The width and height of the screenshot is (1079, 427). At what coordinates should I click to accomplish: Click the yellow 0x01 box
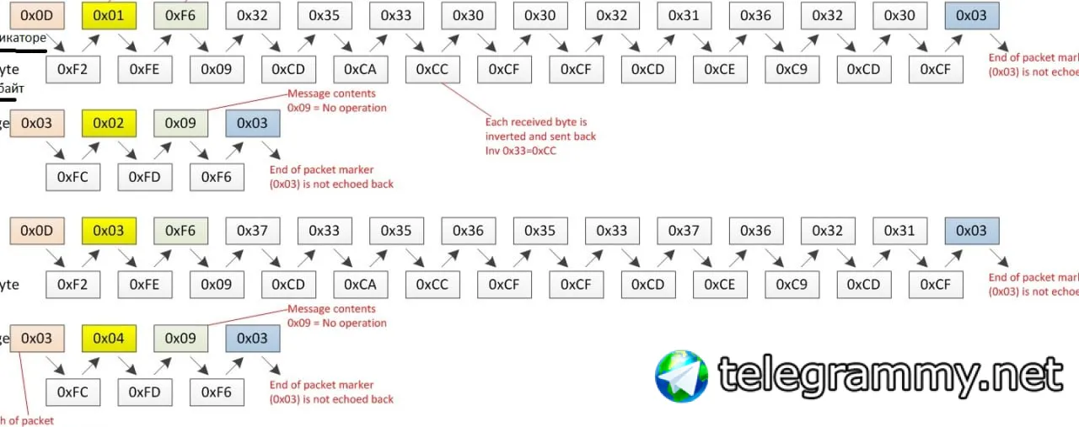click(x=109, y=15)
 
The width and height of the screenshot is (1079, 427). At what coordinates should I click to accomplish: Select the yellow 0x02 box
click(x=109, y=123)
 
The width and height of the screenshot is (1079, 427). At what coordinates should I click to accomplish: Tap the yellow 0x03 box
click(x=109, y=230)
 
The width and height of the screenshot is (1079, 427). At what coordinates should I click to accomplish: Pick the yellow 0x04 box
click(x=109, y=339)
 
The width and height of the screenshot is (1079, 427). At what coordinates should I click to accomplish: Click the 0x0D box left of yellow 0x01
click(x=36, y=15)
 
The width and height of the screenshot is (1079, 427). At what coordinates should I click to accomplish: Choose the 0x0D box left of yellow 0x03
click(x=36, y=230)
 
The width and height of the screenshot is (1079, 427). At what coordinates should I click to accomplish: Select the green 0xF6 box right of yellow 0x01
click(x=180, y=15)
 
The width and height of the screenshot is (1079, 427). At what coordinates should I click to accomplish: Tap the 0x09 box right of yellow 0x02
click(x=180, y=123)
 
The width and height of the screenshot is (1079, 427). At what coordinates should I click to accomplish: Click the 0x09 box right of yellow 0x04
click(x=180, y=339)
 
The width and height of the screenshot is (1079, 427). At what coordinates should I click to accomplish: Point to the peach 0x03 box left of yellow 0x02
click(x=36, y=123)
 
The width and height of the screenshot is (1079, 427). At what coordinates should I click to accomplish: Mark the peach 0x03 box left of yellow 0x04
click(x=36, y=339)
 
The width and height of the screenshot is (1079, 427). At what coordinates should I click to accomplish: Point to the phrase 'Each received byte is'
click(x=535, y=122)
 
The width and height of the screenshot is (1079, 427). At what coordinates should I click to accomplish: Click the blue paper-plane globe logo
click(x=681, y=376)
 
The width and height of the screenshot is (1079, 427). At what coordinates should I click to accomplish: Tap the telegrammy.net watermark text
click(x=889, y=376)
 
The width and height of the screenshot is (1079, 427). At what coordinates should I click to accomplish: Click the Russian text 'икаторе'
click(x=24, y=38)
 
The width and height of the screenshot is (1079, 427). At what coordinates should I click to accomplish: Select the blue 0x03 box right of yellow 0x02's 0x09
click(x=252, y=123)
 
